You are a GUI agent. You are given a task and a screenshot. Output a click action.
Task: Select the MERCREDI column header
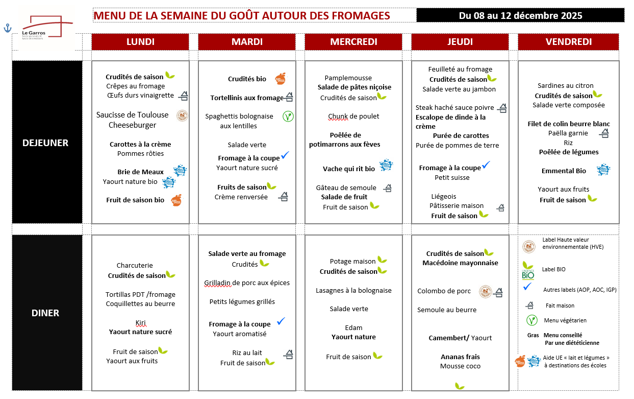coord(353,42)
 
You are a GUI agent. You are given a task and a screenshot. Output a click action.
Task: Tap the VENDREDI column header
coord(568,42)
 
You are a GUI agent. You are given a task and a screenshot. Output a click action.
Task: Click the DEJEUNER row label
coord(45,143)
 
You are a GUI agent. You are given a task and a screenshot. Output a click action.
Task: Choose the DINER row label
coord(45,313)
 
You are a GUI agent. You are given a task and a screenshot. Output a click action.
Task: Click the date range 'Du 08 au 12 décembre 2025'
coord(520,15)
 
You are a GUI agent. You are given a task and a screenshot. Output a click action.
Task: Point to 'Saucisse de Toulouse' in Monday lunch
coord(132,115)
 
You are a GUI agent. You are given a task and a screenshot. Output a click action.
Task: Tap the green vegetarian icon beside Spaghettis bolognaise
coord(288,116)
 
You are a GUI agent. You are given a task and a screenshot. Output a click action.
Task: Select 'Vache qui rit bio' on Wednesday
coord(348,169)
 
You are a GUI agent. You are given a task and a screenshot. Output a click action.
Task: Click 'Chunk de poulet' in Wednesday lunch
coord(353,116)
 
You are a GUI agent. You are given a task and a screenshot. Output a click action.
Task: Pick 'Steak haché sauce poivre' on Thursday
coord(454,108)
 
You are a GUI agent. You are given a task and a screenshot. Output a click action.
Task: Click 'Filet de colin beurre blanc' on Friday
coord(568,124)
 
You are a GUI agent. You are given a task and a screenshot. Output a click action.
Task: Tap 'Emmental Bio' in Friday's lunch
coord(564,171)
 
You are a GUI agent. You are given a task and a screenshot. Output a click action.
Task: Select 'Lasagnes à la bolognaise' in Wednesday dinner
coord(353,290)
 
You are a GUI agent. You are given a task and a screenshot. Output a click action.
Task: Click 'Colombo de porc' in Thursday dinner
coord(444,291)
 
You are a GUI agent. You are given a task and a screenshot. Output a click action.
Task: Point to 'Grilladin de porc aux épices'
coord(247,283)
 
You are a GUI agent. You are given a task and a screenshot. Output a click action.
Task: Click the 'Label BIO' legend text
coord(553,269)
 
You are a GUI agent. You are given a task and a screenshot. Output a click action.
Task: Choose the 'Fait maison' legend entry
coord(560,306)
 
